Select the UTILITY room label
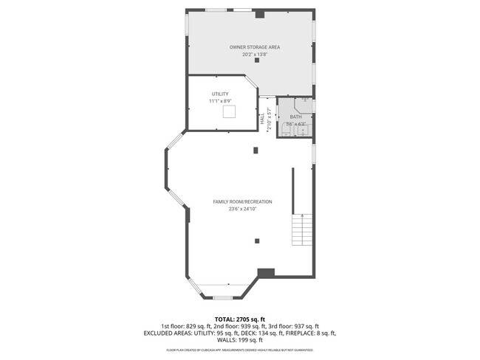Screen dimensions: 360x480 click(x=220, y=94)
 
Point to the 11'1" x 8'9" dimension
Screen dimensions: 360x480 click(x=220, y=101)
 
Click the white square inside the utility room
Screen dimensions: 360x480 click(x=230, y=111)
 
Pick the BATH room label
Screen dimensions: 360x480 click(x=295, y=117)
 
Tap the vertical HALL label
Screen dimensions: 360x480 click(x=261, y=118)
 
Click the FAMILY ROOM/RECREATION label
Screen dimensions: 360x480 click(x=242, y=202)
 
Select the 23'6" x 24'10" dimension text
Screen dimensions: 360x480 click(x=242, y=210)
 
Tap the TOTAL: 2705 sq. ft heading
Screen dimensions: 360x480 click(x=240, y=319)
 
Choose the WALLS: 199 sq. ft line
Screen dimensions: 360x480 click(x=240, y=340)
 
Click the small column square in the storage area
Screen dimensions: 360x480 click(x=257, y=61)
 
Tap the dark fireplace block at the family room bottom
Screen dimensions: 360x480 click(x=266, y=272)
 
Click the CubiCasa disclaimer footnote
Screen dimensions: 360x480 click(x=240, y=350)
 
